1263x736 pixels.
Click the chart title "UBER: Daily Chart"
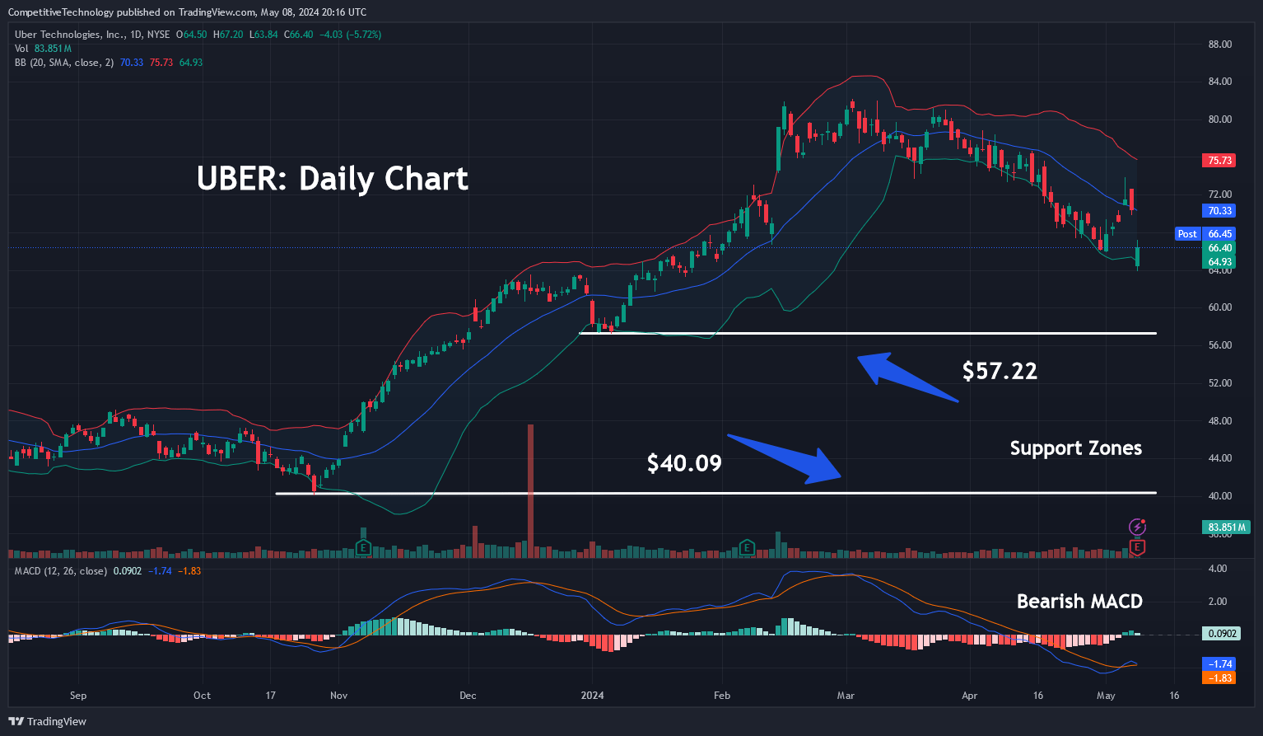[x=333, y=179]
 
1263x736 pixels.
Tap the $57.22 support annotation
[x=1000, y=371]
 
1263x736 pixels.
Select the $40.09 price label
[x=684, y=463]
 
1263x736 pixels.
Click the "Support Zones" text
[x=1075, y=448]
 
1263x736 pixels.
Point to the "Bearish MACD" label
[x=1079, y=602]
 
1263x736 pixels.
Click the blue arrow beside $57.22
[x=906, y=378]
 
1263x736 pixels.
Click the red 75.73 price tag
[x=1219, y=161]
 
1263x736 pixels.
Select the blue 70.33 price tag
[x=1219, y=211]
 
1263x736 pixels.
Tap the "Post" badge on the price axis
[x=1187, y=234]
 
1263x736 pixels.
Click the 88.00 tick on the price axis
[x=1219, y=45]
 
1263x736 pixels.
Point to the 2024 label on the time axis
[x=592, y=696]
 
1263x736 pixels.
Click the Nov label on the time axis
[x=338, y=696]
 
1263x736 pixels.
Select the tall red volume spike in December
[x=530, y=486]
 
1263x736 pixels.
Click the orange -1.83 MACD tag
[x=1219, y=677]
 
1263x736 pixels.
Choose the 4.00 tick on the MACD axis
[x=1217, y=569]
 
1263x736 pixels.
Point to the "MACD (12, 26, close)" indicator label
[x=60, y=570]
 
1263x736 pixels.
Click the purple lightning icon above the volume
[x=1137, y=527]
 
